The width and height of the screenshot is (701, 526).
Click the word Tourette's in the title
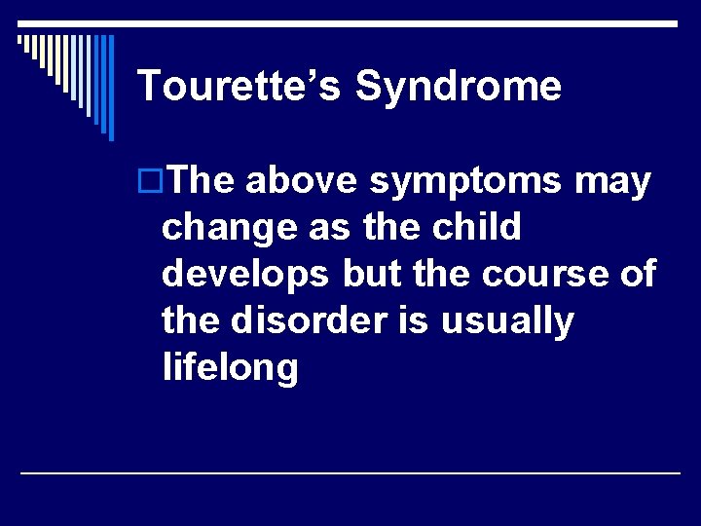(240, 86)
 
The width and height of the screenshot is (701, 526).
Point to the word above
(305, 181)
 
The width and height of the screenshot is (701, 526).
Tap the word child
(474, 228)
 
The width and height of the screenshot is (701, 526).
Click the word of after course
(637, 275)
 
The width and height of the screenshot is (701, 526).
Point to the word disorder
(310, 321)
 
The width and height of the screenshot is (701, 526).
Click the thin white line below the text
(350, 472)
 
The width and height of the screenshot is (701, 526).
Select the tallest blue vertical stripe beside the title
(110, 88)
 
